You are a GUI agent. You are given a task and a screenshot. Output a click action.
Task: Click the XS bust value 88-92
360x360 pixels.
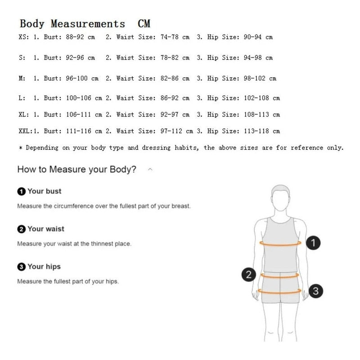click(75, 37)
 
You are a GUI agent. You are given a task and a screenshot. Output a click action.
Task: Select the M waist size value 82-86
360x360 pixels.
click(170, 78)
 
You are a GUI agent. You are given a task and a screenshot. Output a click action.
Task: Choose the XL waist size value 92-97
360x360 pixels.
click(170, 114)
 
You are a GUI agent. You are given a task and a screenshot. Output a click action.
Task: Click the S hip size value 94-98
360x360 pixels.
click(252, 58)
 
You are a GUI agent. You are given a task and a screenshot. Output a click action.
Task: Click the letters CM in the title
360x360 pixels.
click(144, 24)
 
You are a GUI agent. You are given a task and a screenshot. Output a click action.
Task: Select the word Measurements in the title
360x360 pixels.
click(88, 24)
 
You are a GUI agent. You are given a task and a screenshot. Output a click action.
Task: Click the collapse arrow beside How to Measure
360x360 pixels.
click(150, 170)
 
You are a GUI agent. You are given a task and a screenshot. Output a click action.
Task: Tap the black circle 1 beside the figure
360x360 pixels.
click(313, 243)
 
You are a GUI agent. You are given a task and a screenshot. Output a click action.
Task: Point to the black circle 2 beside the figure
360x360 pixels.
click(249, 274)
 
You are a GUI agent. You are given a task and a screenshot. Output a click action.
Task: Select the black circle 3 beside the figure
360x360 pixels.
click(316, 291)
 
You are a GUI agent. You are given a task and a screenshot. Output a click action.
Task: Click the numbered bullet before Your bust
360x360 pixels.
click(21, 191)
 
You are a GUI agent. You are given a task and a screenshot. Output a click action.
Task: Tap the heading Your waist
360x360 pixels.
click(46, 229)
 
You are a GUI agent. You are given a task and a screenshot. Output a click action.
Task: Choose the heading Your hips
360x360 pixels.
click(44, 266)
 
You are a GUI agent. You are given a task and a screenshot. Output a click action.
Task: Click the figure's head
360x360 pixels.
click(280, 198)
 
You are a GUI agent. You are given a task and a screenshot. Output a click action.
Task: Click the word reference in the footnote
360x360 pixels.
click(307, 148)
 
